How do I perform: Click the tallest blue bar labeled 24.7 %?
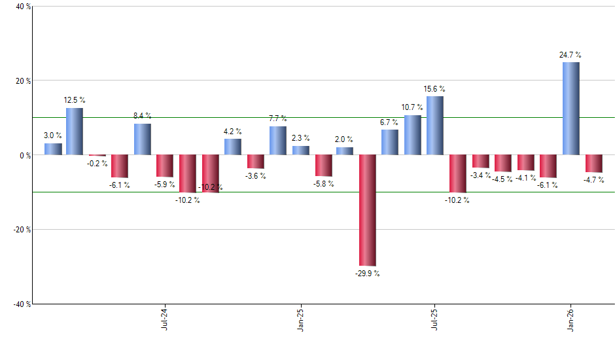pyautogui.click(x=571, y=109)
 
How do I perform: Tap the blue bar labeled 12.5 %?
pyautogui.click(x=74, y=132)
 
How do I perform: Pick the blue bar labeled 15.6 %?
pyautogui.click(x=435, y=126)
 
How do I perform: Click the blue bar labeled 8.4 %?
pyautogui.click(x=143, y=139)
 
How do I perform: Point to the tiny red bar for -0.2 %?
pyautogui.click(x=97, y=156)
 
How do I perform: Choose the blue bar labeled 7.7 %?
pyautogui.click(x=277, y=141)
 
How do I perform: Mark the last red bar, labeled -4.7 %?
pyautogui.click(x=593, y=164)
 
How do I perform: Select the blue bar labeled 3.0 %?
pyautogui.click(x=53, y=149)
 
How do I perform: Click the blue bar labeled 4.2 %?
pyautogui.click(x=233, y=147)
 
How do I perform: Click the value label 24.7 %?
pyautogui.click(x=570, y=55)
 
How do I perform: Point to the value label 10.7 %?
pyautogui.click(x=412, y=107)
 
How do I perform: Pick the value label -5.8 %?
pyautogui.click(x=323, y=184)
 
